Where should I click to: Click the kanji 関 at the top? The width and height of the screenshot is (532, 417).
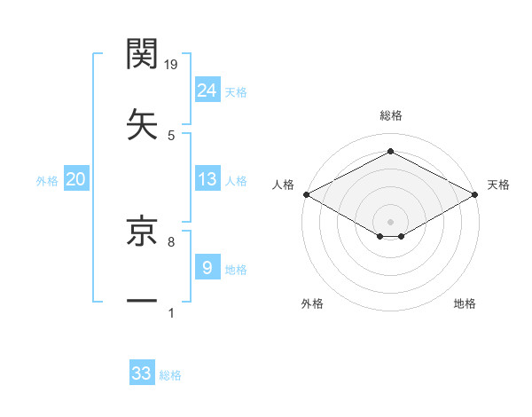pos(143,54)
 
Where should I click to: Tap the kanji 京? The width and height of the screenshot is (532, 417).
pos(143,232)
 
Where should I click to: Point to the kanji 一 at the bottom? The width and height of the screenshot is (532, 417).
pos(143,302)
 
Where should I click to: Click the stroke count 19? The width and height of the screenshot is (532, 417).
pos(171,64)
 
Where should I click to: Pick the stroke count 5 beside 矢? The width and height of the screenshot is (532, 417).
pos(171,135)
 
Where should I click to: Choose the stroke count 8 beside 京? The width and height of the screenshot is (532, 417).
pos(171,241)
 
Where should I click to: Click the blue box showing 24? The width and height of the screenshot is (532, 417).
pos(207,90)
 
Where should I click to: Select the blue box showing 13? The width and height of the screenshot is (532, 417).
pos(207,179)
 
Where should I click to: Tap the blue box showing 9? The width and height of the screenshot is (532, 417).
pos(207,267)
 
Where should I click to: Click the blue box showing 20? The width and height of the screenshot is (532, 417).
pos(76,179)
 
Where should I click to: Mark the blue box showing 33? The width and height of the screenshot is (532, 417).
pos(142,374)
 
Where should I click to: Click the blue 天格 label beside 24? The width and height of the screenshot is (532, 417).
pos(236,91)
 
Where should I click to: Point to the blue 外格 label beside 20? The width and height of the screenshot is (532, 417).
pos(47,181)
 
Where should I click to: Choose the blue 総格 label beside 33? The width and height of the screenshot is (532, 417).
pos(170,375)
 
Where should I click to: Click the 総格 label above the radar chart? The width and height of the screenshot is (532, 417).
pos(390,115)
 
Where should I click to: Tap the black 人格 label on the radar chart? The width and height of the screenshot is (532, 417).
pos(284,185)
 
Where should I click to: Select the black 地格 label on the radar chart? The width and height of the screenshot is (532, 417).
pos(465,304)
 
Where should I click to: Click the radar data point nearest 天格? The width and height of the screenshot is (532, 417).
pos(475,194)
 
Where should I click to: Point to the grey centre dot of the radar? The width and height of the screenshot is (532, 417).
pos(390,220)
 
